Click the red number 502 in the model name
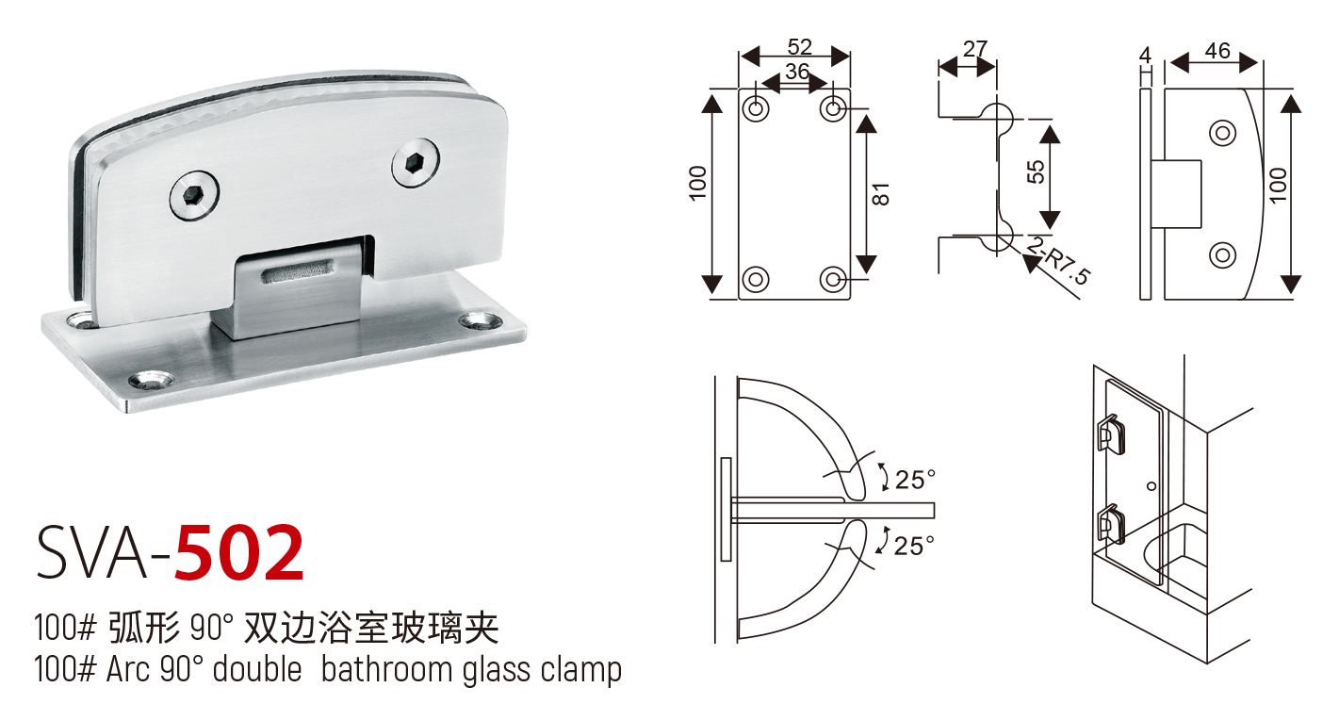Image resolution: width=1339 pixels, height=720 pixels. [240, 553]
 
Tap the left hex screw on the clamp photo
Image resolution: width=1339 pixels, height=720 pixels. [194, 196]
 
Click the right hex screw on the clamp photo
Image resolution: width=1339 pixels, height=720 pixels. [416, 167]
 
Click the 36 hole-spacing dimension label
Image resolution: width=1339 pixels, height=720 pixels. [797, 72]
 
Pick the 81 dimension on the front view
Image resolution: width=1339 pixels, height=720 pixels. [882, 194]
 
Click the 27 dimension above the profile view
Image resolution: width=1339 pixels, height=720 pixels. [975, 48]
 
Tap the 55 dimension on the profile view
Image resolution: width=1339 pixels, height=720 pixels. [1035, 171]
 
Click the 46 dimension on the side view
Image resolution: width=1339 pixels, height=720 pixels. [1217, 50]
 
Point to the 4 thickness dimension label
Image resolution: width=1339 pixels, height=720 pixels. [1145, 55]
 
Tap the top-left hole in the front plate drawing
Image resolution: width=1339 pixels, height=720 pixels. [756, 108]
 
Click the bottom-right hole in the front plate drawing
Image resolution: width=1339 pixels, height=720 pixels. [833, 279]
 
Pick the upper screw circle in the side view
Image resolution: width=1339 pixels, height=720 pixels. [1222, 133]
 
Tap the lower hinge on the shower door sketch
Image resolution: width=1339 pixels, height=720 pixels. [1109, 524]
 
